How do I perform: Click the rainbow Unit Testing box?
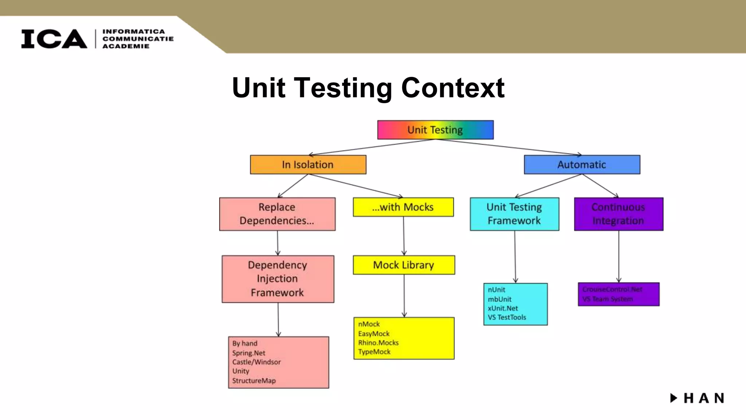pyautogui.click(x=435, y=130)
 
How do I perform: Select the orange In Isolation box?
pyautogui.click(x=308, y=165)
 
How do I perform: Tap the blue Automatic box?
pyautogui.click(x=582, y=165)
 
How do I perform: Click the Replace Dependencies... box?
pyautogui.click(x=277, y=214)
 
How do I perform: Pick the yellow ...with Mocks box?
pyautogui.click(x=403, y=207)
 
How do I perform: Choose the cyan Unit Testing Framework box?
pyautogui.click(x=514, y=214)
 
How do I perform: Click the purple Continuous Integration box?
pyautogui.click(x=619, y=214)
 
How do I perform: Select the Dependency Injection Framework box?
pyautogui.click(x=278, y=279)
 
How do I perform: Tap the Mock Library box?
pyautogui.click(x=404, y=265)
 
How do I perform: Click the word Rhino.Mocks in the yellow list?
pyautogui.click(x=378, y=343)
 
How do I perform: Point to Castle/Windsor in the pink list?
pyautogui.click(x=256, y=362)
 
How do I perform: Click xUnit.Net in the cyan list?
pyautogui.click(x=503, y=308)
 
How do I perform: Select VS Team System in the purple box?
pyautogui.click(x=607, y=299)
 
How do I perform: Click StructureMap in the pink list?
pyautogui.click(x=254, y=381)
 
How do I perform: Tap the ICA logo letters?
pyautogui.click(x=54, y=39)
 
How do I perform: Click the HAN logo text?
pyautogui.click(x=703, y=398)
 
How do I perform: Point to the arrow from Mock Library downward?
pyautogui.click(x=404, y=295)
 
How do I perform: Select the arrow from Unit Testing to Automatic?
pyautogui.click(x=510, y=147)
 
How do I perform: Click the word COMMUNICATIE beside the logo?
pyautogui.click(x=138, y=39)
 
